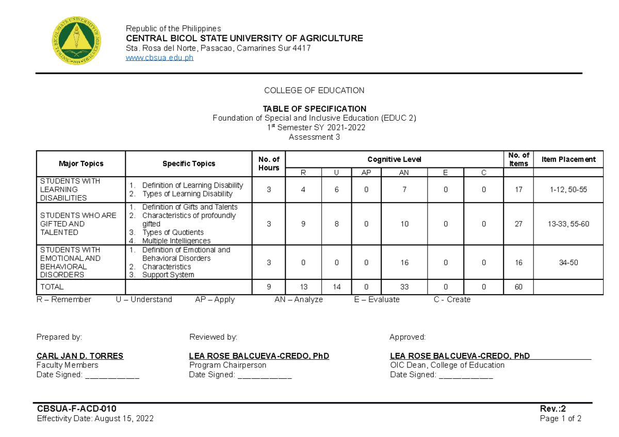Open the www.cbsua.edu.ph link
pos(160,58)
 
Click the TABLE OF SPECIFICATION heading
pos(314,109)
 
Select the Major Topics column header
pos(80,163)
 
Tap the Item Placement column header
pos(568,159)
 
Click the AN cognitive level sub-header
pos(404,173)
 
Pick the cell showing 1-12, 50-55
pos(568,190)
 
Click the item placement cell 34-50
pos(568,262)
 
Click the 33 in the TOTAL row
pos(404,287)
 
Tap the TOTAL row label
pos(52,287)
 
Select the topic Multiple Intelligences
pos(176,241)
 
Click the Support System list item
pos(168,275)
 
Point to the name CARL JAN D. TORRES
pos(79,356)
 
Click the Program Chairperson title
pos(227,365)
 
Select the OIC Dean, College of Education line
pos(447,365)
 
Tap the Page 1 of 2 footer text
pos(560,418)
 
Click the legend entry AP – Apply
pos(215,299)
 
